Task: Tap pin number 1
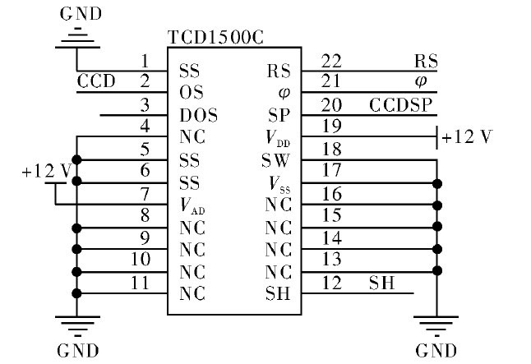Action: click(x=145, y=62)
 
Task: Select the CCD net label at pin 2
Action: click(x=96, y=81)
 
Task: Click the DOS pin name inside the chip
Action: click(x=198, y=115)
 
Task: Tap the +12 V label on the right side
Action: click(x=468, y=136)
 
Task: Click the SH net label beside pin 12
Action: click(x=381, y=283)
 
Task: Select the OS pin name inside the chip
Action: click(x=191, y=92)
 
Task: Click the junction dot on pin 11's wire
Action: click(x=76, y=293)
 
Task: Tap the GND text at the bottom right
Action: click(x=436, y=351)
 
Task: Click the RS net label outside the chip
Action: click(x=426, y=62)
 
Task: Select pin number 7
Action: click(x=145, y=194)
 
